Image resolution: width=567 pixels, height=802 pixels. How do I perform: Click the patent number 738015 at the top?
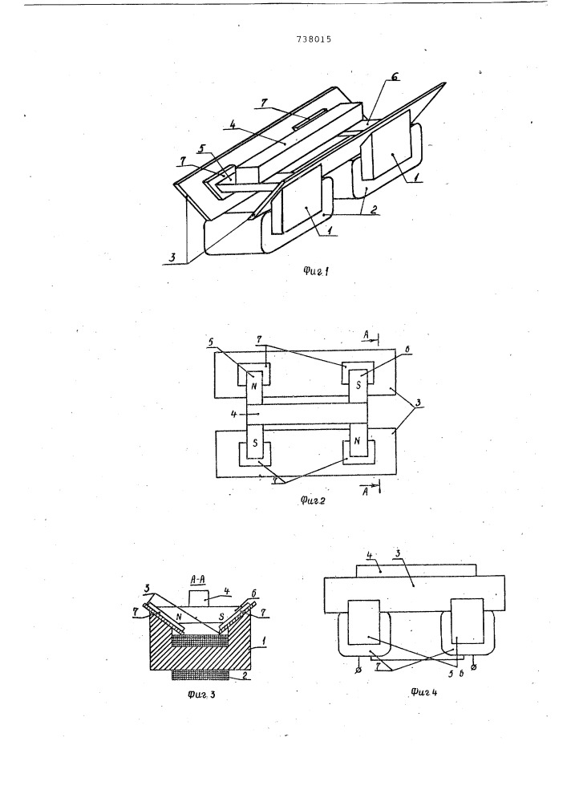click(x=314, y=38)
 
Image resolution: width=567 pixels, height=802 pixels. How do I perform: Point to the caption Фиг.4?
click(x=423, y=692)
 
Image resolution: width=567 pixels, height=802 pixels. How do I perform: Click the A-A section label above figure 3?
click(x=197, y=579)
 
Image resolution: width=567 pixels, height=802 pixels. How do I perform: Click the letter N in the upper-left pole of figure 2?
click(x=254, y=385)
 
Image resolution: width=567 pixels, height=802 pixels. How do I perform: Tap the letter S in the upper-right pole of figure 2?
click(x=358, y=384)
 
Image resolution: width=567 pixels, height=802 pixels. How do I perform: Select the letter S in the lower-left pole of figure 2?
click(x=254, y=443)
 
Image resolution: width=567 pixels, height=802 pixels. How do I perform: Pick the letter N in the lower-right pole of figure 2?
click(x=357, y=440)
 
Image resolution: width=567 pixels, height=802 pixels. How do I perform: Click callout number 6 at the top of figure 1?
click(x=395, y=77)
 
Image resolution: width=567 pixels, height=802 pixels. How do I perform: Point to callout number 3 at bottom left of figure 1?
click(x=172, y=258)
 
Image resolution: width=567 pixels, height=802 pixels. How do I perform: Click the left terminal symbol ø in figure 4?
click(x=358, y=670)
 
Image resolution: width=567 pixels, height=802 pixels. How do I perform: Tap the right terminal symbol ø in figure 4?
click(x=475, y=668)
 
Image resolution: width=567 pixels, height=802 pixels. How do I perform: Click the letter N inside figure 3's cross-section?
click(x=180, y=616)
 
